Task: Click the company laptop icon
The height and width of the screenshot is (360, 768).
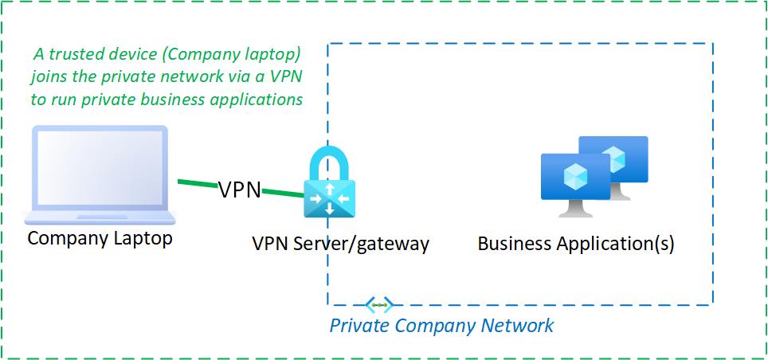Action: coord(100,175)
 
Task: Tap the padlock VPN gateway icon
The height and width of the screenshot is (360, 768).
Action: coord(329,188)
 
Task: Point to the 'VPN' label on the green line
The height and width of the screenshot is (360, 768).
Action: coord(240,190)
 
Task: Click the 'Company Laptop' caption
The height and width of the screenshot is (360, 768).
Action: coord(100,238)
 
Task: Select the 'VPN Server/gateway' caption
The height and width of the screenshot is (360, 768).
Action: coord(340,243)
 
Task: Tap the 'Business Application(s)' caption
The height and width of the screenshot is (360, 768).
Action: coord(575,243)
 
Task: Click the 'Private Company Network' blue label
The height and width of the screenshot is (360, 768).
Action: coord(441,326)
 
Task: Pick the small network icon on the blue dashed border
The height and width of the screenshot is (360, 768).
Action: coord(379,305)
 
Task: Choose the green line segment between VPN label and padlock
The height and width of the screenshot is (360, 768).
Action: coord(282,193)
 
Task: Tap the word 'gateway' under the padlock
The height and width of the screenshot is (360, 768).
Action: coord(394,243)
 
